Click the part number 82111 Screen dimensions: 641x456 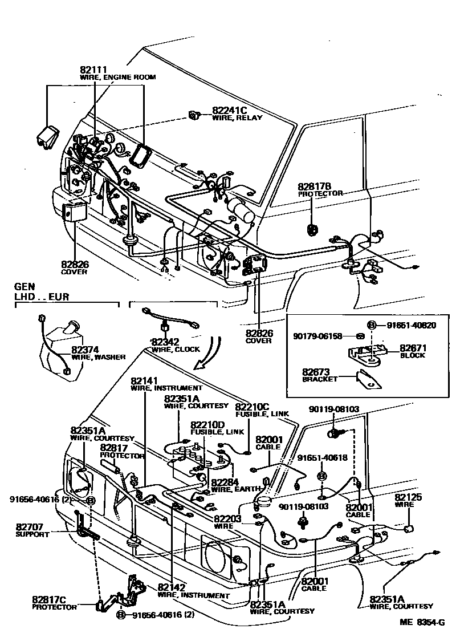point(93,69)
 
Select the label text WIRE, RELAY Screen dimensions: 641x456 point(237,118)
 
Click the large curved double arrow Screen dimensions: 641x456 point(208,351)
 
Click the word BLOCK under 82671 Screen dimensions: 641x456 point(412,355)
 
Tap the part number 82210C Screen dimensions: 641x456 point(253,407)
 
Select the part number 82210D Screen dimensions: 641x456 point(207,425)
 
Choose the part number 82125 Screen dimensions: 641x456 point(408,497)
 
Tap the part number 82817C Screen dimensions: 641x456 point(49,599)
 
